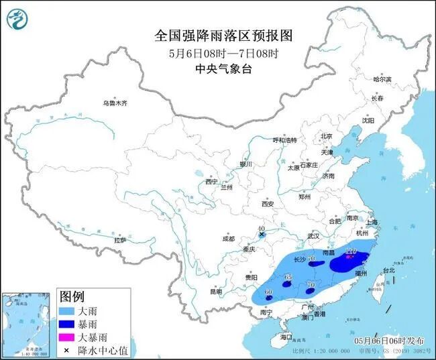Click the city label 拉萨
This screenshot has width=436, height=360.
[120, 239]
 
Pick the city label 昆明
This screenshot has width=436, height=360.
[215, 292]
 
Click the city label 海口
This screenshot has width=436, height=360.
[286, 336]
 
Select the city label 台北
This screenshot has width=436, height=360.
[389, 270]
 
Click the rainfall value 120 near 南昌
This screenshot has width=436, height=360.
[349, 251]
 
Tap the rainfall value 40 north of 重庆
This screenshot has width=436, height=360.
[262, 229]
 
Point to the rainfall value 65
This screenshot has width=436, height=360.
[288, 277]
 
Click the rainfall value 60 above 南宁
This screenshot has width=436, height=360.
[268, 292]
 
